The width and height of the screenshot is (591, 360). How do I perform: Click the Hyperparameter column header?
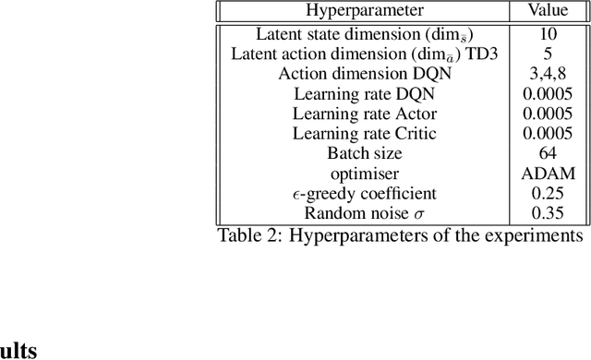click(x=365, y=11)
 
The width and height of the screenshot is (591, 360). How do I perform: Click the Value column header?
click(x=548, y=11)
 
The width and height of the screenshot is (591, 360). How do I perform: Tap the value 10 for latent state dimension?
click(x=548, y=35)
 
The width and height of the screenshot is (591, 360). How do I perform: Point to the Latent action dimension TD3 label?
click(x=365, y=54)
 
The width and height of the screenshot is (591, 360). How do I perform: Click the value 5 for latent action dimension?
click(x=548, y=54)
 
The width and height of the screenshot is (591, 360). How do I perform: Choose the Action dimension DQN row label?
click(x=365, y=74)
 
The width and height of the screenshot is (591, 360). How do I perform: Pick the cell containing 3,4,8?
click(x=548, y=74)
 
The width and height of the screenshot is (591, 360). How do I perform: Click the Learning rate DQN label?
click(x=365, y=94)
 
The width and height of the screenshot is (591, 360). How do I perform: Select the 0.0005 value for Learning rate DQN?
click(x=548, y=94)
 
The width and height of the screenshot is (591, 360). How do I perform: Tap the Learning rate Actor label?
click(x=365, y=114)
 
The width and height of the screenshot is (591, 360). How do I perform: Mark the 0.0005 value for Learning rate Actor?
click(x=548, y=114)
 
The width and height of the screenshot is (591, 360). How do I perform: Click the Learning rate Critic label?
click(x=365, y=134)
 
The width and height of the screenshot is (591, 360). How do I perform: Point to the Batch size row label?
click(x=365, y=153)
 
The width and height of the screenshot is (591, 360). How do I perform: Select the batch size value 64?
click(x=548, y=153)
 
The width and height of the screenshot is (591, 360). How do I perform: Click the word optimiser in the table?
click(x=365, y=174)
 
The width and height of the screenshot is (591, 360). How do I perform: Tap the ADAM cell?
click(x=548, y=174)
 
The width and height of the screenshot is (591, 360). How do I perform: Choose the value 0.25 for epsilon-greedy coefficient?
click(x=548, y=194)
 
